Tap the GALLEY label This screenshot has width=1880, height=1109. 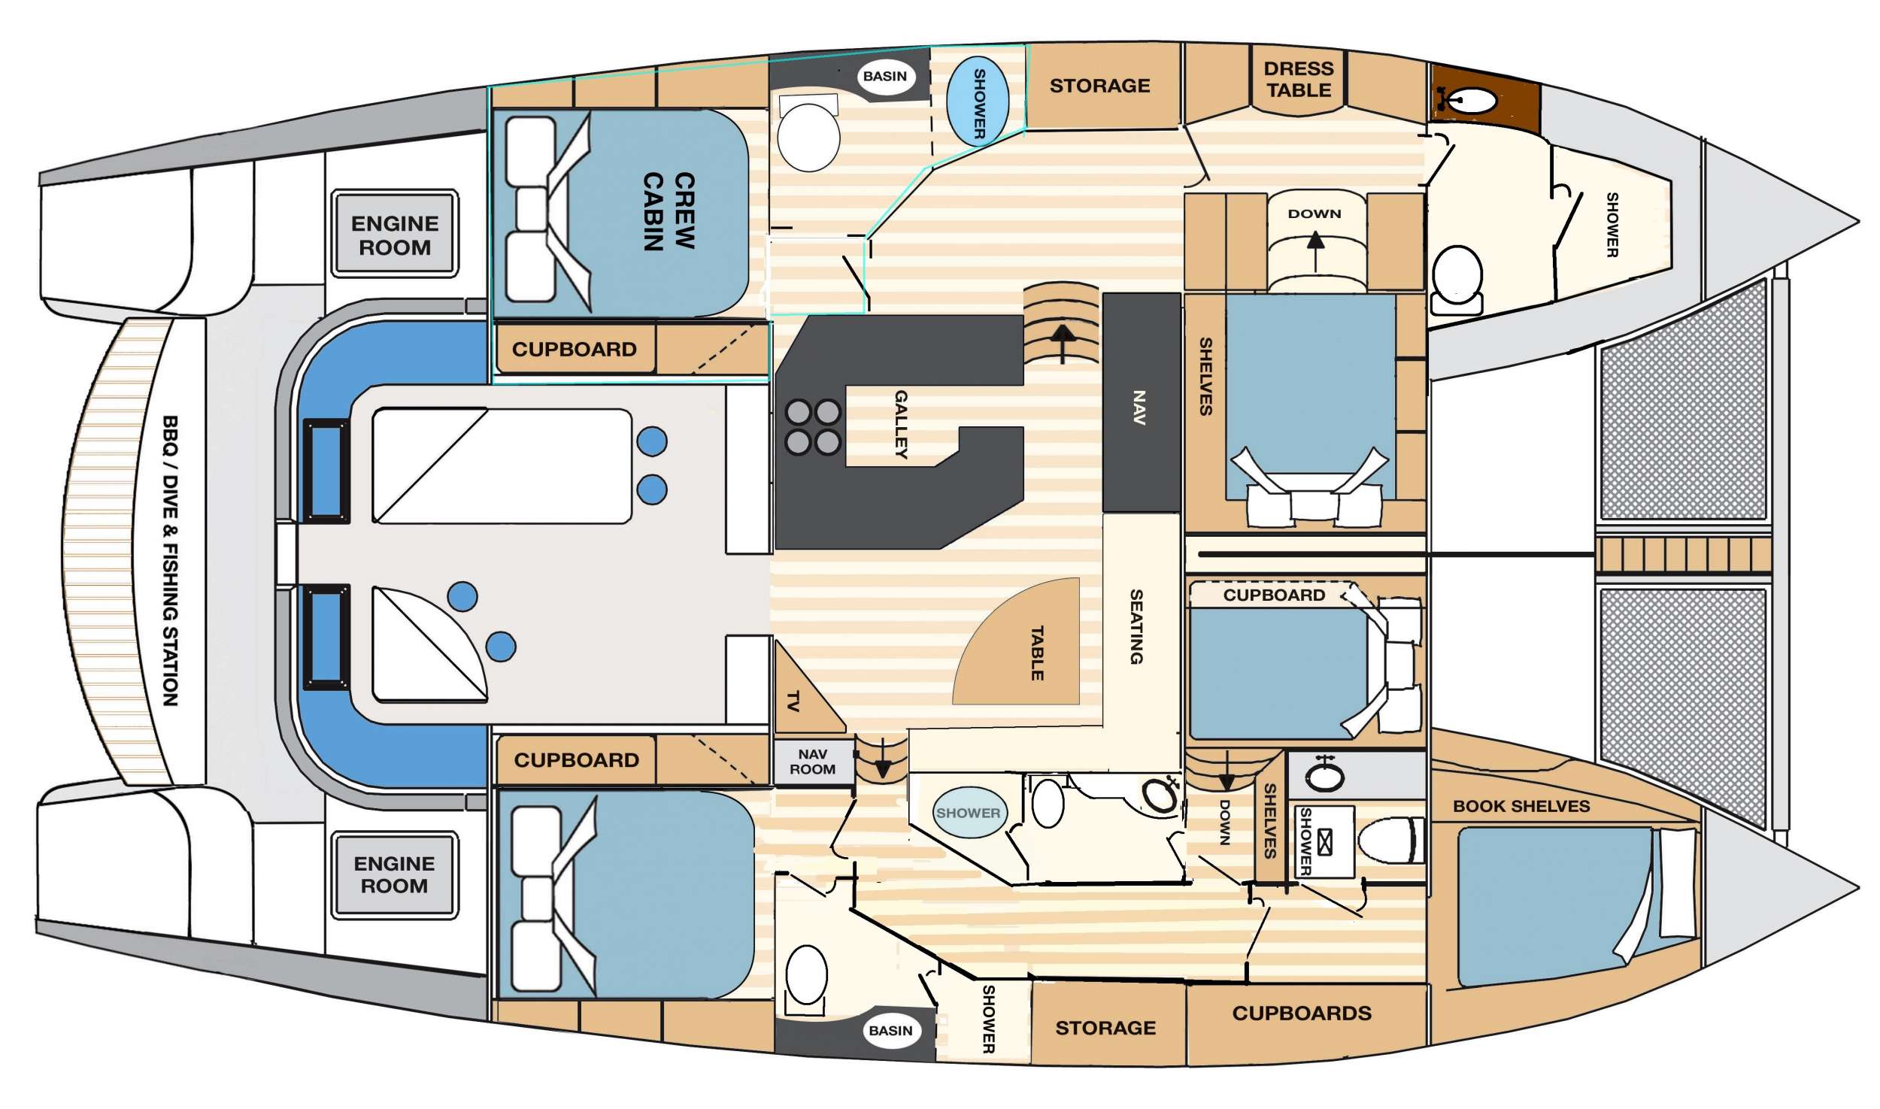[x=901, y=424]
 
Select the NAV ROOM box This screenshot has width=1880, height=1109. [x=813, y=762]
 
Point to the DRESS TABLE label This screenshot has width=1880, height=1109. [x=1298, y=79]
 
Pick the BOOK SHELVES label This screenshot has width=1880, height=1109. [x=1521, y=806]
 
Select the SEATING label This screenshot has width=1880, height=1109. [x=1136, y=626]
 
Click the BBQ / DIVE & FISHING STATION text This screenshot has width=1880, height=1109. [x=171, y=560]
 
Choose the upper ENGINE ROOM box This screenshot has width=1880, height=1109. [x=395, y=234]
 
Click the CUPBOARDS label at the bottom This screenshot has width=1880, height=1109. [x=1302, y=1013]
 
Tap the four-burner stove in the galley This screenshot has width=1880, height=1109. [x=813, y=427]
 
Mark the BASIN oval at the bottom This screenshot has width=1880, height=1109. [x=891, y=1030]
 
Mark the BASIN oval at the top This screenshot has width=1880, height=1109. [x=885, y=76]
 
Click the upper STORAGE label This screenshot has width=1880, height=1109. [x=1099, y=86]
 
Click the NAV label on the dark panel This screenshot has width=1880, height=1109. [x=1139, y=407]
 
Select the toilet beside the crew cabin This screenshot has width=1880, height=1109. [x=808, y=133]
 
